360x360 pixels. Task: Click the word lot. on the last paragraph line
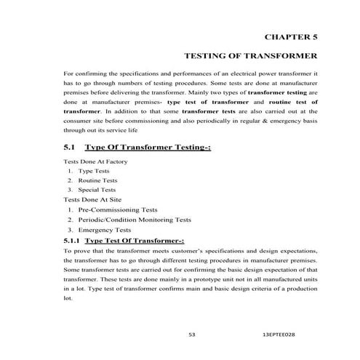click(x=68, y=298)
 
